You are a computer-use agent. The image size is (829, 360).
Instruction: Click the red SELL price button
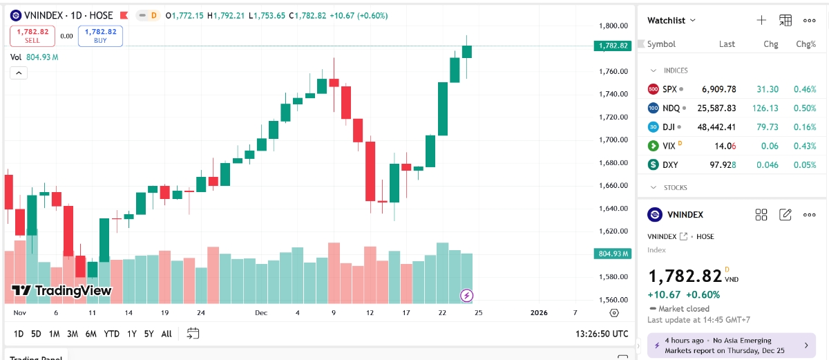(32, 36)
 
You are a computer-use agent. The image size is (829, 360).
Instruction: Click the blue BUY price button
(100, 36)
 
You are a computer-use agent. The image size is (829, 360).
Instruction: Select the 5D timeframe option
(36, 334)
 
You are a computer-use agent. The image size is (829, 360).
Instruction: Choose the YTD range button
(111, 334)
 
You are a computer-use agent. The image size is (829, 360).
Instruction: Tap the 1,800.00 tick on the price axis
(613, 26)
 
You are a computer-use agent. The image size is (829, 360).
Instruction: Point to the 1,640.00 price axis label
(613, 209)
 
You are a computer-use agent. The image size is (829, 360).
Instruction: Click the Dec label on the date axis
(261, 313)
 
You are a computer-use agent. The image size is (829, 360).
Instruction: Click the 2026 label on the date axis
(538, 313)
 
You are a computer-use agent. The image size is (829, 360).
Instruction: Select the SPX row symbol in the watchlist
(669, 89)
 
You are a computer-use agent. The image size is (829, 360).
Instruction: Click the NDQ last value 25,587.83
(716, 108)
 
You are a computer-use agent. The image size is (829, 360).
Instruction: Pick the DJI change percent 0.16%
(805, 127)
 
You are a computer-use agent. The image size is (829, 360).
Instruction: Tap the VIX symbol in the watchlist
(669, 146)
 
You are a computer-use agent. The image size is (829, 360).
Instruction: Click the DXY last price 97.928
(718, 165)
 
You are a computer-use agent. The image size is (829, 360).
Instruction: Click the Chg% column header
(806, 44)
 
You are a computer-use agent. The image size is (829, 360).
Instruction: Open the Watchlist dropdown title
(671, 21)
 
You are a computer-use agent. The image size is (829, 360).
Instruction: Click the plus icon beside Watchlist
(761, 21)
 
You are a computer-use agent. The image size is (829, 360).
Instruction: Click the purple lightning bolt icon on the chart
(467, 296)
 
